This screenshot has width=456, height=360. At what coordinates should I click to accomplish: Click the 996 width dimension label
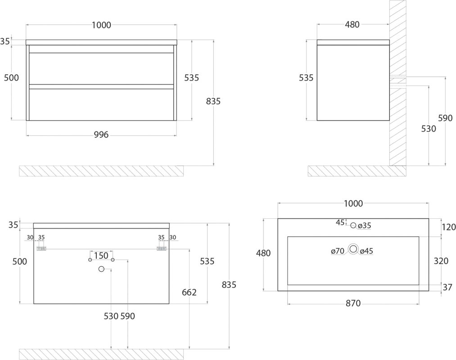click(101, 135)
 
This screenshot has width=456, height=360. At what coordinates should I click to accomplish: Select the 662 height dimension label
click(190, 292)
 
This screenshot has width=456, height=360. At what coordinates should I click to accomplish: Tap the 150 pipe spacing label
click(101, 256)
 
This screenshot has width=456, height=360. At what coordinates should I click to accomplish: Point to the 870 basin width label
click(353, 304)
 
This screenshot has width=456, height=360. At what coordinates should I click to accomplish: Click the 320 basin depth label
click(441, 261)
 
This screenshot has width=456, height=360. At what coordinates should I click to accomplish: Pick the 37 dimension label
click(447, 287)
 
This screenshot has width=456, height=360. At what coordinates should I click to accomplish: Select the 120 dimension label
click(449, 227)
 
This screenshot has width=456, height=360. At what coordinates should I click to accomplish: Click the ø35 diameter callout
click(364, 225)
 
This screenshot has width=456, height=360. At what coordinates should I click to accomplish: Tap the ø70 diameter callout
click(338, 251)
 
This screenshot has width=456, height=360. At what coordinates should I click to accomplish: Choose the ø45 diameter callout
click(366, 251)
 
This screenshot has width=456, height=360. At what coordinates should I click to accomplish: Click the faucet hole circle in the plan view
click(353, 225)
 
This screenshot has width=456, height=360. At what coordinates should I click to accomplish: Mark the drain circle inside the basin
click(353, 249)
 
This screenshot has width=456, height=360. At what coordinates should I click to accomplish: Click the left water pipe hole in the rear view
click(90, 260)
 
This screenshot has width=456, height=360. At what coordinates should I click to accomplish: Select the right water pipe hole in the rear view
click(113, 260)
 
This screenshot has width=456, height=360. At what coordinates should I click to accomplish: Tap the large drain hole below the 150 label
click(101, 269)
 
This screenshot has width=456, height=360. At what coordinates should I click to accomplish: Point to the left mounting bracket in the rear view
click(41, 249)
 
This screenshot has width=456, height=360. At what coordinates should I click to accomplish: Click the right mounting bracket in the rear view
click(162, 249)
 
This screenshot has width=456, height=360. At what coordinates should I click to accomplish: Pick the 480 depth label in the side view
click(352, 25)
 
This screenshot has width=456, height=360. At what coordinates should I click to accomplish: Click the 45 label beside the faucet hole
click(340, 222)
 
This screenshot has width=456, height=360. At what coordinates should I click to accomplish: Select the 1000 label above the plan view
click(353, 203)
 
